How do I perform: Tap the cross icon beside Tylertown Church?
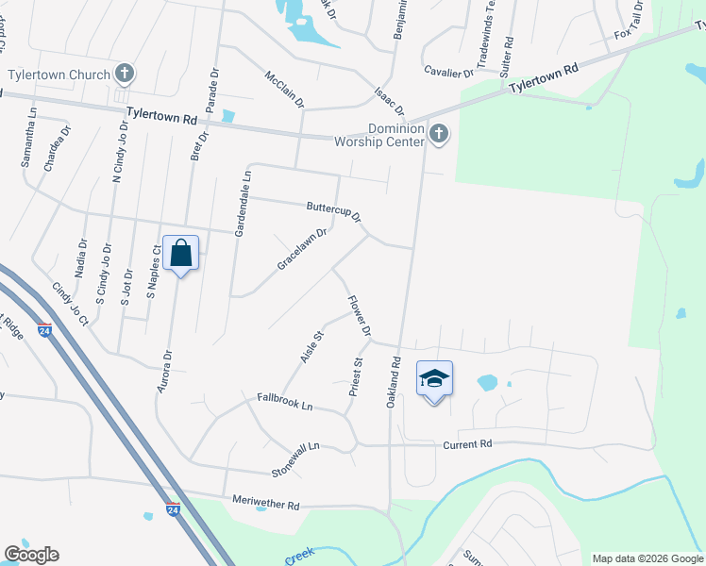pyautogui.click(x=125, y=74)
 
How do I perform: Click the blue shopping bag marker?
pyautogui.click(x=180, y=253)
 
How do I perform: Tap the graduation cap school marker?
pyautogui.click(x=433, y=379)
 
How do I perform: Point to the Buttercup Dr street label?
pyautogui.click(x=334, y=211)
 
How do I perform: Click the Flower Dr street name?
pyautogui.click(x=359, y=318)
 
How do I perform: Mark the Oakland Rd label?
pyautogui.click(x=395, y=381)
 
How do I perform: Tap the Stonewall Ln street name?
pyautogui.click(x=296, y=458)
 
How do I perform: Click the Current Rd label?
pyautogui.click(x=467, y=443)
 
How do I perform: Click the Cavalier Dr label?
pyautogui.click(x=448, y=71)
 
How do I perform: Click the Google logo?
pyautogui.click(x=31, y=555)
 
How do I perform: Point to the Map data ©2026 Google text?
pyautogui.click(x=647, y=558)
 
